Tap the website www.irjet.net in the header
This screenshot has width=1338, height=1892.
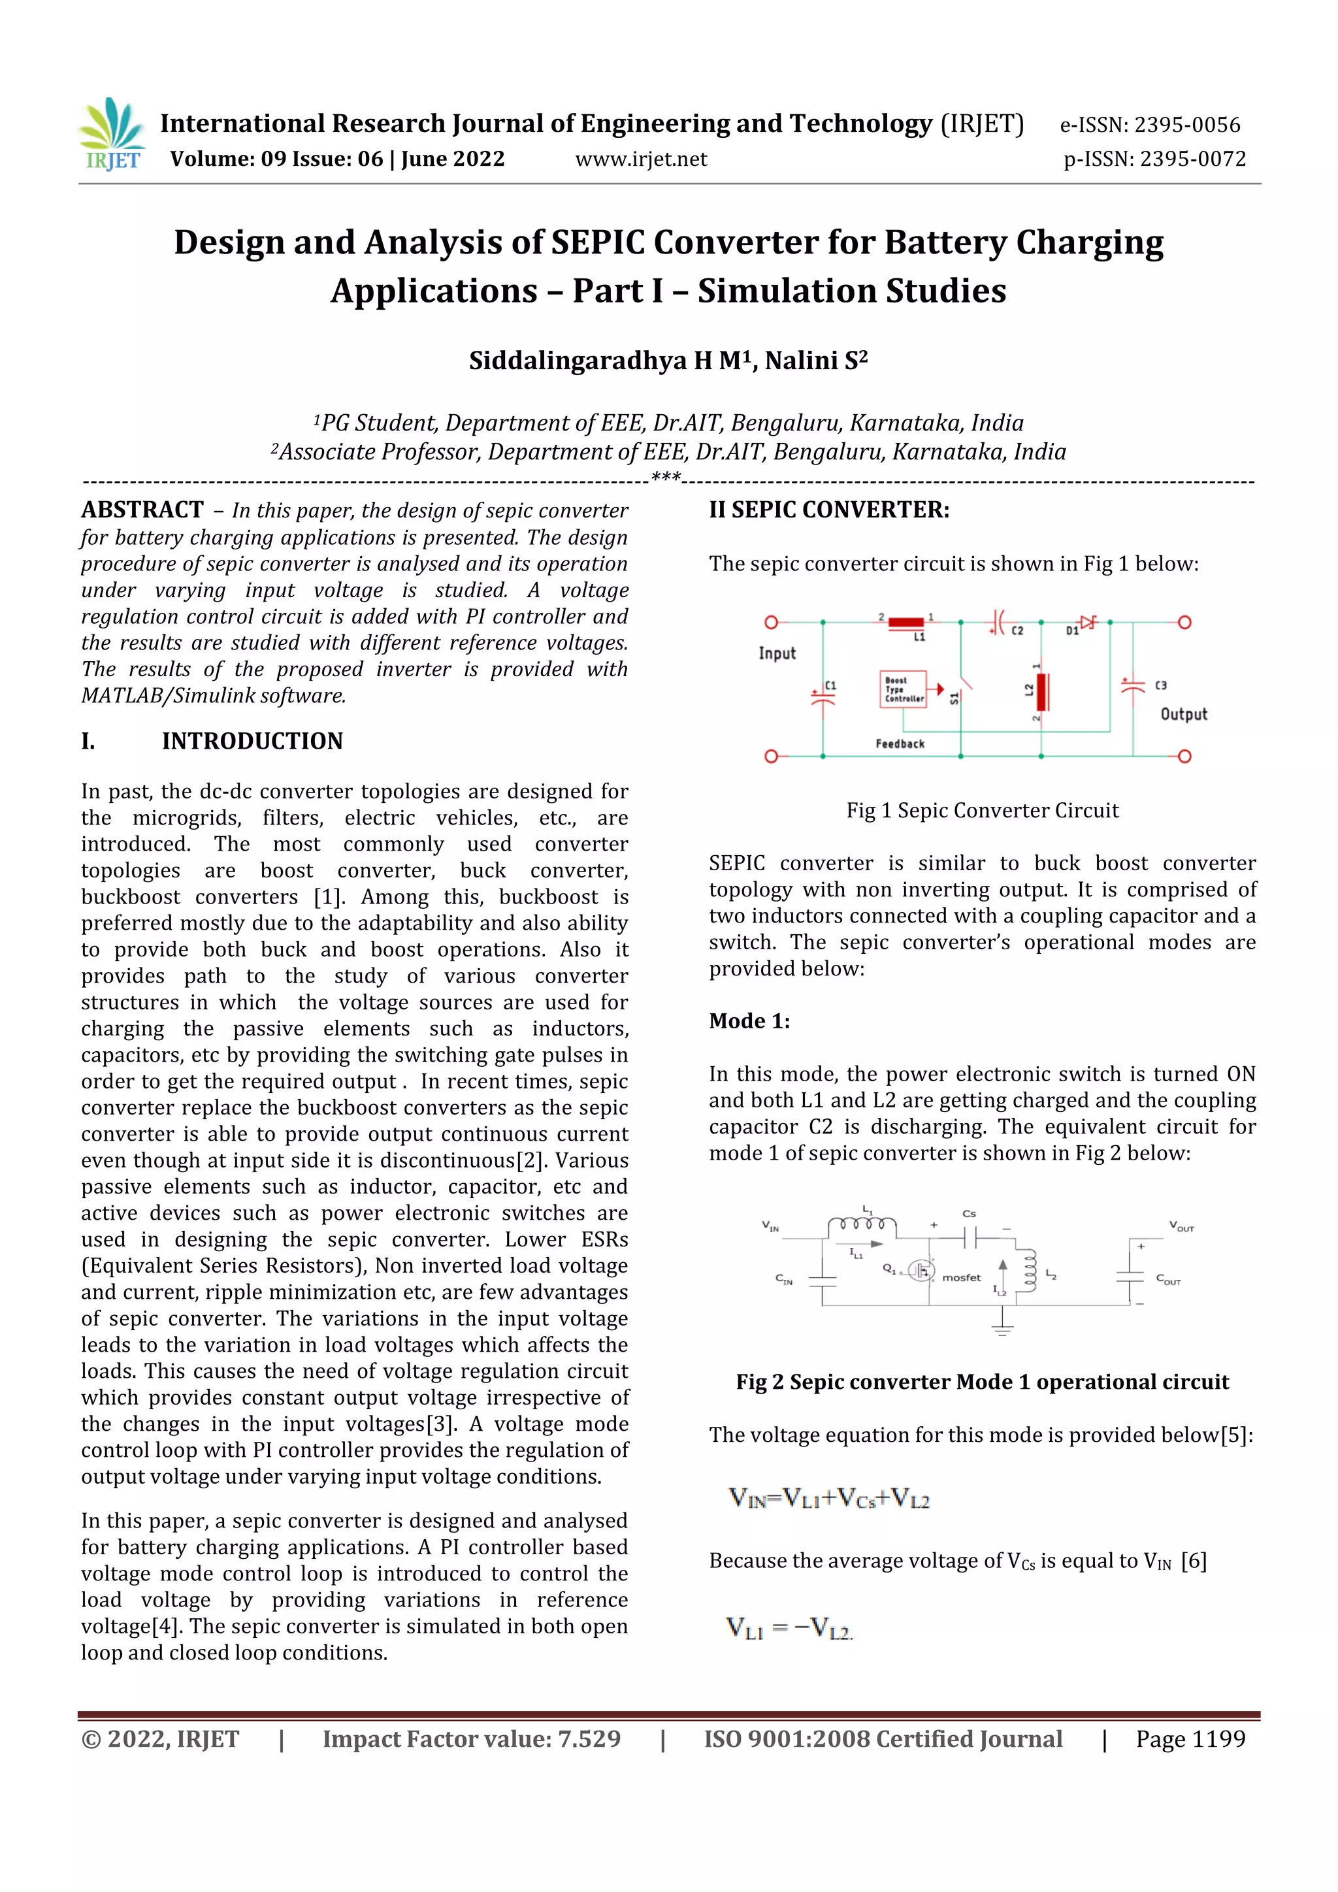click(640, 159)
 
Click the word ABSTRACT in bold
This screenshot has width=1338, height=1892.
click(142, 510)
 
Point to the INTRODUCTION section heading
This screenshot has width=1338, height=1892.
click(252, 741)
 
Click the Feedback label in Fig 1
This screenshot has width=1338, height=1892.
click(900, 744)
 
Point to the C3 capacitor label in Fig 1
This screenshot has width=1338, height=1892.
click(1160, 685)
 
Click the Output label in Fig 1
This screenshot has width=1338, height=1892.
click(1183, 715)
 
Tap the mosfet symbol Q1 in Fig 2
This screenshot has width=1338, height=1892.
click(921, 1271)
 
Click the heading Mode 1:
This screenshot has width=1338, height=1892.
click(749, 1021)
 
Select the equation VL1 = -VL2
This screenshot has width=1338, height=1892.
click(789, 1627)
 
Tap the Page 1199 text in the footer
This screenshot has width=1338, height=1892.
click(1190, 1740)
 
